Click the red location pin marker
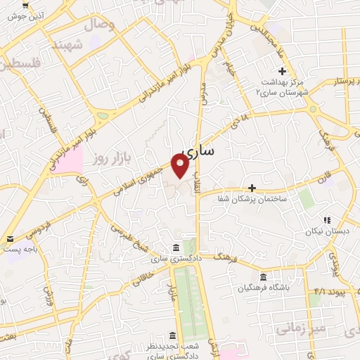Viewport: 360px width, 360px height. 180,165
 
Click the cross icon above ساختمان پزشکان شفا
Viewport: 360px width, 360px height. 252,188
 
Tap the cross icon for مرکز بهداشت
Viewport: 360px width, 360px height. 281,71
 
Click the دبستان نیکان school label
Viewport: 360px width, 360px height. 326,231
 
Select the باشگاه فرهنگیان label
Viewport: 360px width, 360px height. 264,288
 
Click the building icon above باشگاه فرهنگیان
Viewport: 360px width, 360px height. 263,276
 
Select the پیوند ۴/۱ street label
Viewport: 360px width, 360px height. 330,290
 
